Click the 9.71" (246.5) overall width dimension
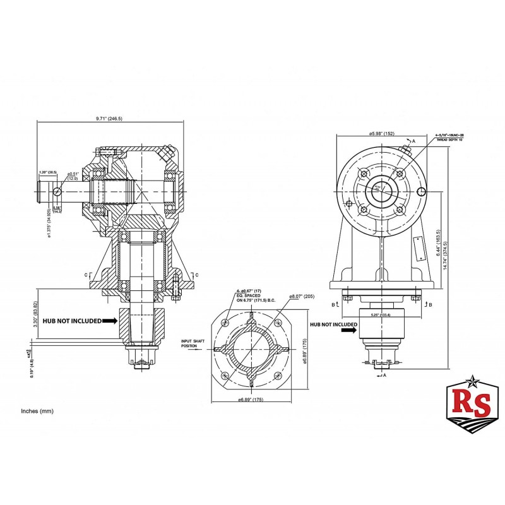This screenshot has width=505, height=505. click(111, 118)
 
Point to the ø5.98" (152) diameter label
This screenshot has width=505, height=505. click(382, 133)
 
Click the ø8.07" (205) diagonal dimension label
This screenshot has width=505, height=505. click(300, 296)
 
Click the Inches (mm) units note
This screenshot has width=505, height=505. click(38, 411)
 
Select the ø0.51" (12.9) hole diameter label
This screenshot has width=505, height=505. click(73, 176)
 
